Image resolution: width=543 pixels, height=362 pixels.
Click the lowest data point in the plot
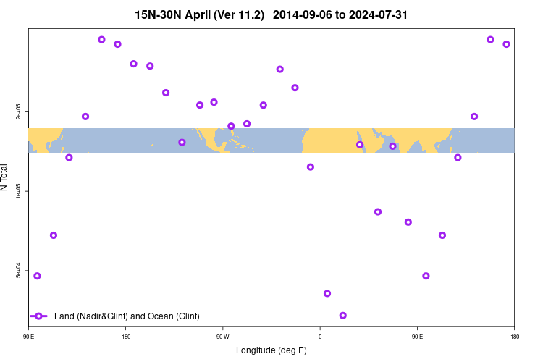[342, 316]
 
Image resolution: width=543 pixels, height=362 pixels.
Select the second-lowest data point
[327, 293]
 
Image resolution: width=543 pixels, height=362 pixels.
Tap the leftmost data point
[37, 276]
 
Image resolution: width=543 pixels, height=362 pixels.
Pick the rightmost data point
[506, 44]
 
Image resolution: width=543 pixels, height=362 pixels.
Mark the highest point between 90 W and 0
[279, 70]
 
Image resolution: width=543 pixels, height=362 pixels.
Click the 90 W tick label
[222, 337]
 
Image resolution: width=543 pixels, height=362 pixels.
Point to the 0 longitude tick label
[320, 337]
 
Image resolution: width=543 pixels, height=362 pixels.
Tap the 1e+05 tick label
[19, 191]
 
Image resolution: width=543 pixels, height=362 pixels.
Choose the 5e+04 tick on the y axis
[19, 270]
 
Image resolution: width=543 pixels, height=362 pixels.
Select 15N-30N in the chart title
[159, 14]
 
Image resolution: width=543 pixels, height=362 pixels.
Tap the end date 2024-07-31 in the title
[376, 14]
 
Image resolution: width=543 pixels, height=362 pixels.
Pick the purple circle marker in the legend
[39, 316]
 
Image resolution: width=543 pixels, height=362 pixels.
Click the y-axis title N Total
[5, 177]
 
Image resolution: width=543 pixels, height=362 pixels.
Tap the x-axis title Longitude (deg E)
[271, 350]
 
